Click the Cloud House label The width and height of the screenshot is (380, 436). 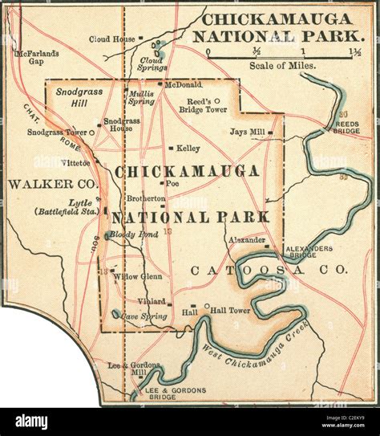coord(111,38)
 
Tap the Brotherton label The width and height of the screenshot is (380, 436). coord(145,198)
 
